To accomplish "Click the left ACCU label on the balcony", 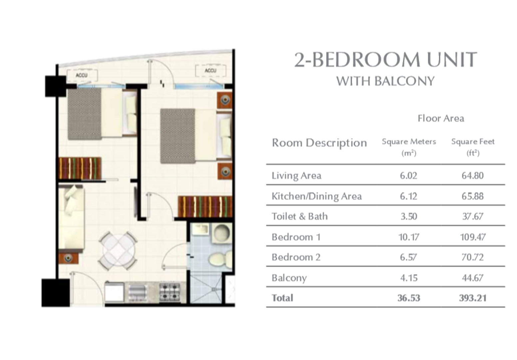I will coord(82,75).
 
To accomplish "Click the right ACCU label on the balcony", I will coord(210,71).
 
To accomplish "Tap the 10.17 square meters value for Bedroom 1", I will coord(408,237).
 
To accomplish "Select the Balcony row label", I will coord(289,278).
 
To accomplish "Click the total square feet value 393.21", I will coord(472,298).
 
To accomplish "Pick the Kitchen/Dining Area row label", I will coord(316,196).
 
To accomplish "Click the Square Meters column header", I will coord(409,142).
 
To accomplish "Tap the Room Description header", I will coord(319,143).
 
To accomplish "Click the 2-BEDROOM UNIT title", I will coord(385,60).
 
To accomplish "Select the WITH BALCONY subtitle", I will coord(385,81).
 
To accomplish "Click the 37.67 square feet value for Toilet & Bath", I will coord(472,216).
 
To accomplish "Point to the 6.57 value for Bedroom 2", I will coord(408,257).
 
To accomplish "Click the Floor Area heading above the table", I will coord(440,118).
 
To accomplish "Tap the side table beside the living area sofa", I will coord(68,258).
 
